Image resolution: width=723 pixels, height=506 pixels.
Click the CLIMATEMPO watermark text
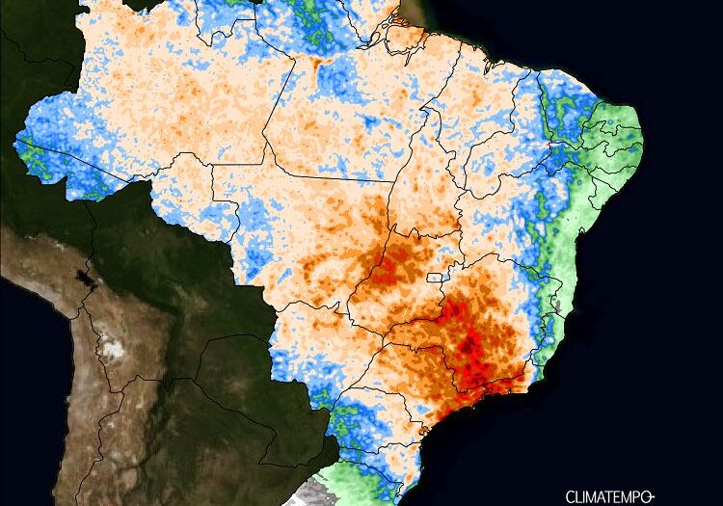coord(605,495)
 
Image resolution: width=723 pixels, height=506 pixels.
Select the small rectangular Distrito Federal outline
coord(437,277)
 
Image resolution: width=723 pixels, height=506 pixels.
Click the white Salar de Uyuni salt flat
coord(114,347)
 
